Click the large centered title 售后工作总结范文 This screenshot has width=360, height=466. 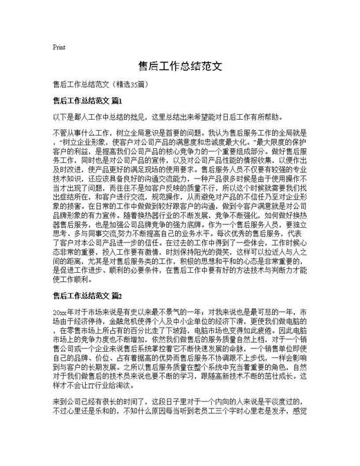pyautogui.click(x=179, y=66)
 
